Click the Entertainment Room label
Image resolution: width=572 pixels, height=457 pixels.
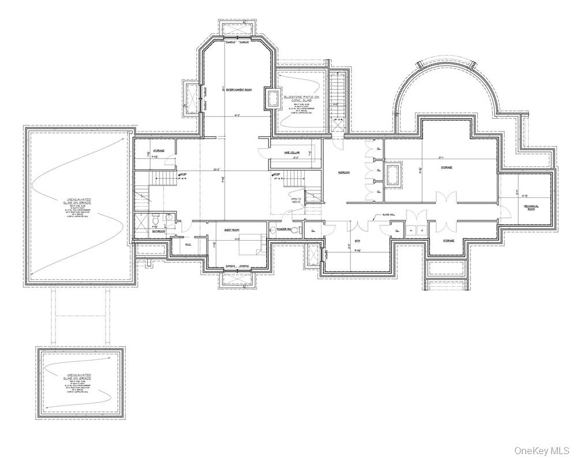coord(238,90)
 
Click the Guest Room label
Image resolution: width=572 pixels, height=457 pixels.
coord(232,230)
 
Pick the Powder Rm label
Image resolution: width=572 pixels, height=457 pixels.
coord(283,230)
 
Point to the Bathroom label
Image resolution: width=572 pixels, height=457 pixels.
coord(159,231)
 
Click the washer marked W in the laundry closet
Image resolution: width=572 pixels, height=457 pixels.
coord(410,230)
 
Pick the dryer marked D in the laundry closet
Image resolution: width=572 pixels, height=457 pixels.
coord(421,230)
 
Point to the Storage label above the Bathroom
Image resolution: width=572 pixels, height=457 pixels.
coord(159,151)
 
